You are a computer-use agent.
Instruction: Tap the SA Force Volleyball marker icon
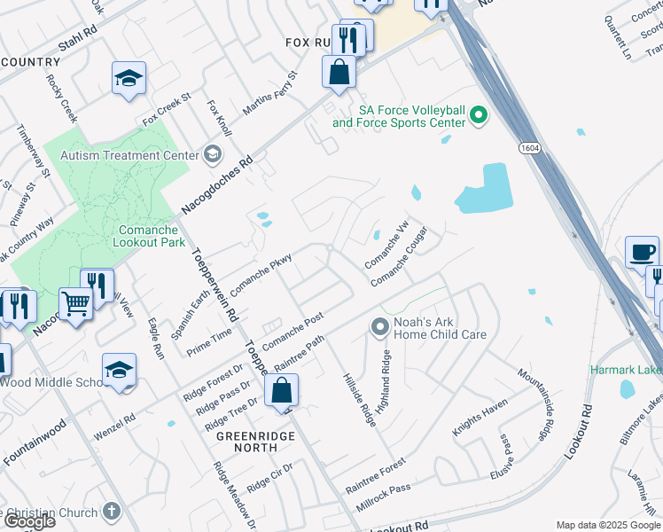479,114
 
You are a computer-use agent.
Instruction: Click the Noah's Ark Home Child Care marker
380,328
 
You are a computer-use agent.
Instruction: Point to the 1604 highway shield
529,147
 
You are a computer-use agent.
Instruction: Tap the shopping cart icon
76,305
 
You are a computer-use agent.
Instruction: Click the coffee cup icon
642,252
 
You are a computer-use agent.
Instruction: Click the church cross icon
111,511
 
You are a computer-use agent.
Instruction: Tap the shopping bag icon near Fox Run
339,72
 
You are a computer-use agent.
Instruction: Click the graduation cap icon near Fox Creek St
129,78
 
